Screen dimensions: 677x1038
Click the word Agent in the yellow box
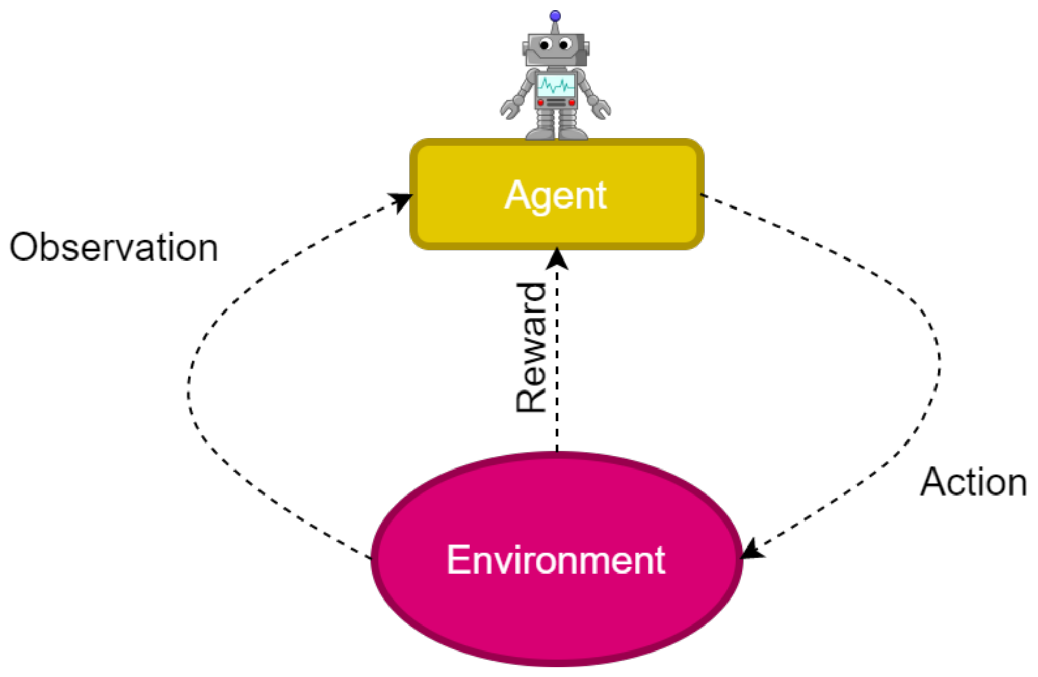(x=555, y=195)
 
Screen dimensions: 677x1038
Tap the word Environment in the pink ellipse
(x=556, y=560)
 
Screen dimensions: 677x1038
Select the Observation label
(x=114, y=248)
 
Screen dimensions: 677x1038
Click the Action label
(x=973, y=482)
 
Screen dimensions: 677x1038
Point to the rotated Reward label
(x=532, y=348)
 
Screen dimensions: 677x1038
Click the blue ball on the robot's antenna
(x=555, y=16)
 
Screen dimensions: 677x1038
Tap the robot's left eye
(x=544, y=45)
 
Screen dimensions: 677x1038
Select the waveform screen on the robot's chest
(x=556, y=86)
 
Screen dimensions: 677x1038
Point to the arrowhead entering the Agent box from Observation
(x=402, y=200)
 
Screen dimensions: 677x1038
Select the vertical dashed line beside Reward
(x=557, y=357)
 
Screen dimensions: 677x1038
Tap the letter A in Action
(x=934, y=482)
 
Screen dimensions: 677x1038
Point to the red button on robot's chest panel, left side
(x=541, y=102)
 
